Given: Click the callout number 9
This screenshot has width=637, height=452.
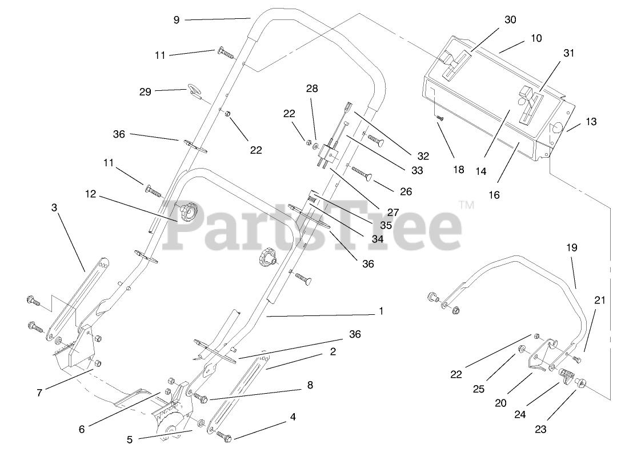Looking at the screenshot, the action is point(176,19).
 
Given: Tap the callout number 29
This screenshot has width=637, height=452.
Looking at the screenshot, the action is point(146,91).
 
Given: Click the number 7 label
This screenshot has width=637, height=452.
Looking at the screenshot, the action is point(39,393).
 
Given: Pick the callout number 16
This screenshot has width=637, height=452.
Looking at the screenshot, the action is point(494,195).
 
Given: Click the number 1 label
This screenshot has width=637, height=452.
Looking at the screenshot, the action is point(381,311).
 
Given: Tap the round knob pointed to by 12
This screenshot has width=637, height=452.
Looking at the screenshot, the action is point(187,214).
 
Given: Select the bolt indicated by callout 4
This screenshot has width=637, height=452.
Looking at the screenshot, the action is point(224,437).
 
